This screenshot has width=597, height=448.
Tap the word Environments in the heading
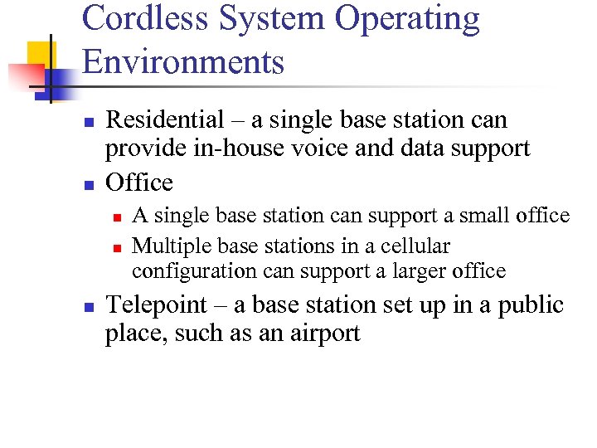tap(183, 61)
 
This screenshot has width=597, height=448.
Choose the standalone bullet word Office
tap(139, 182)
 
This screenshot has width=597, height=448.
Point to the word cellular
tap(415, 246)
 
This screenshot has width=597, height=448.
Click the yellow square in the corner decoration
tap(39, 53)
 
